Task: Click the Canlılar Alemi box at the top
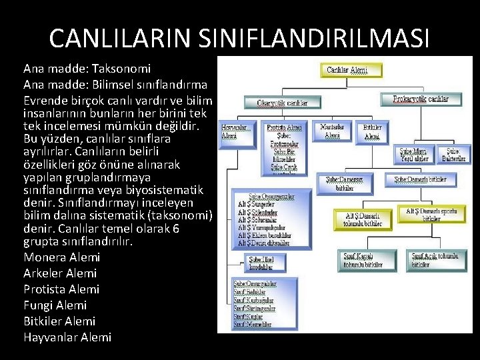tap(353, 69)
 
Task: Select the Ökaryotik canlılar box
tap(283, 103)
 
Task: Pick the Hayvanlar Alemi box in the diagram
tap(238, 131)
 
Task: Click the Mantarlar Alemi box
tap(332, 131)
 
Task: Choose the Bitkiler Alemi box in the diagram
tap(371, 131)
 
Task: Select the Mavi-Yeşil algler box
tap(414, 155)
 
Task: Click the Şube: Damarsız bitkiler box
tap(345, 183)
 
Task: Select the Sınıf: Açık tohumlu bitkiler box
tap(434, 260)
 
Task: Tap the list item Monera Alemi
tap(61, 257)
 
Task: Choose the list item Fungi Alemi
tap(55, 305)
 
